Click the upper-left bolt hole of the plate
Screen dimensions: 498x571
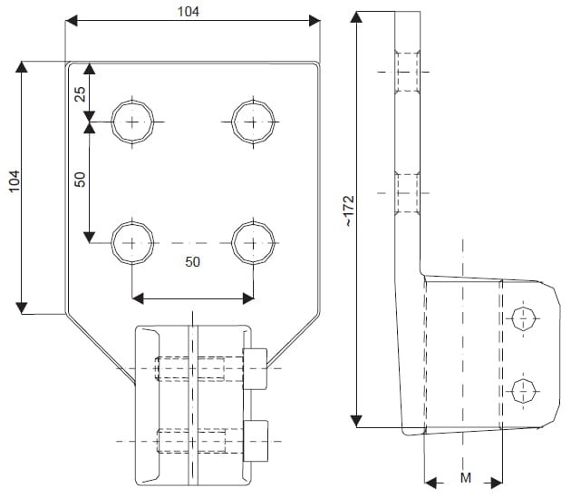(x=132, y=121)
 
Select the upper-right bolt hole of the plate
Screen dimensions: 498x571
(x=253, y=121)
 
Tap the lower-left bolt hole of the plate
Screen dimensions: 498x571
(x=132, y=242)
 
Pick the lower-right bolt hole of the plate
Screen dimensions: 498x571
(x=253, y=242)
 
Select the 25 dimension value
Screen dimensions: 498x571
(x=80, y=93)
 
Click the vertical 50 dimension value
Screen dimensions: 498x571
(x=80, y=180)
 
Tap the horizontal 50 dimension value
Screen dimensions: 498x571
(x=192, y=261)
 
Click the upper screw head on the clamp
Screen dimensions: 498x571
(x=255, y=368)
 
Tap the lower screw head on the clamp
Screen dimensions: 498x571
(x=255, y=441)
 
